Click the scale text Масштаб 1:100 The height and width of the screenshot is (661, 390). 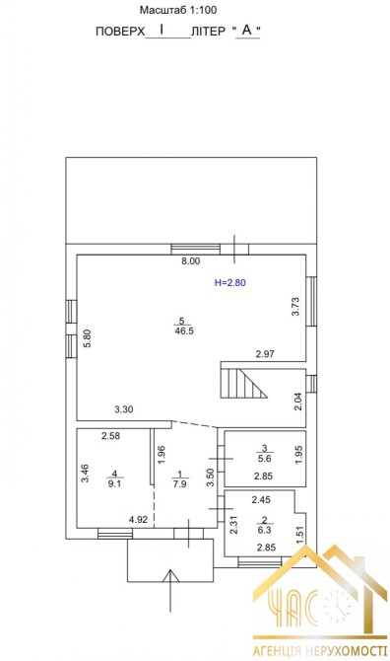point(178,10)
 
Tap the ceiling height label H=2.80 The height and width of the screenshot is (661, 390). point(229,282)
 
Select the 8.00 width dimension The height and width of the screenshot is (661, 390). point(191,260)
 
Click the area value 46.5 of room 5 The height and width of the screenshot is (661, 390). point(184,330)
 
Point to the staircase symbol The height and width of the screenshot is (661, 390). point(243,383)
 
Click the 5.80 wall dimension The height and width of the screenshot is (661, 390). point(87,338)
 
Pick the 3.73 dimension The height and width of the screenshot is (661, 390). point(295,307)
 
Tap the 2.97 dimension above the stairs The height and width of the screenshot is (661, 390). point(266,354)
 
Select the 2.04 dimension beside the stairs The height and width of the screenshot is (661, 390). point(297,402)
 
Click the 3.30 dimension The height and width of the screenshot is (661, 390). point(124,408)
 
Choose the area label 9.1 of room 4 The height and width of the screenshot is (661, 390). point(114,484)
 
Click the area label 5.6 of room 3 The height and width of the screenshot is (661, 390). point(265,457)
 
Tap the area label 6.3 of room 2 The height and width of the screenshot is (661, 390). point(265,531)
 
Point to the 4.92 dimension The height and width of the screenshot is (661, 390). point(139,520)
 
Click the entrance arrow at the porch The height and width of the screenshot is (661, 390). point(170,591)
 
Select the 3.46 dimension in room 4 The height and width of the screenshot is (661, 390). point(85,473)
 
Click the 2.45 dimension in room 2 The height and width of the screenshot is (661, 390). point(261,500)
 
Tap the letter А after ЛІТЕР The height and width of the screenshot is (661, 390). point(247,30)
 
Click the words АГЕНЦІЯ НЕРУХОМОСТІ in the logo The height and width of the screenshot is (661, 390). point(320,651)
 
